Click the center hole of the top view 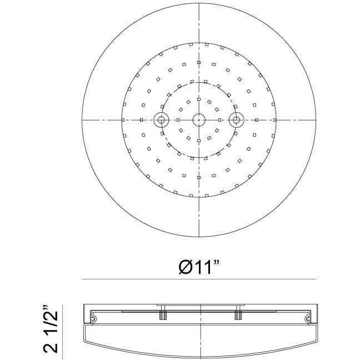tap(198, 119)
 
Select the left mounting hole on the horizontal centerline tap(162, 119)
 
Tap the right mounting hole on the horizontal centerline tap(236, 119)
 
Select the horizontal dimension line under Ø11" tap(198, 278)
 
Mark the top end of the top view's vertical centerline tap(198, 4)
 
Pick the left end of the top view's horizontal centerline tap(83, 120)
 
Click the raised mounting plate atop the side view tap(198, 305)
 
